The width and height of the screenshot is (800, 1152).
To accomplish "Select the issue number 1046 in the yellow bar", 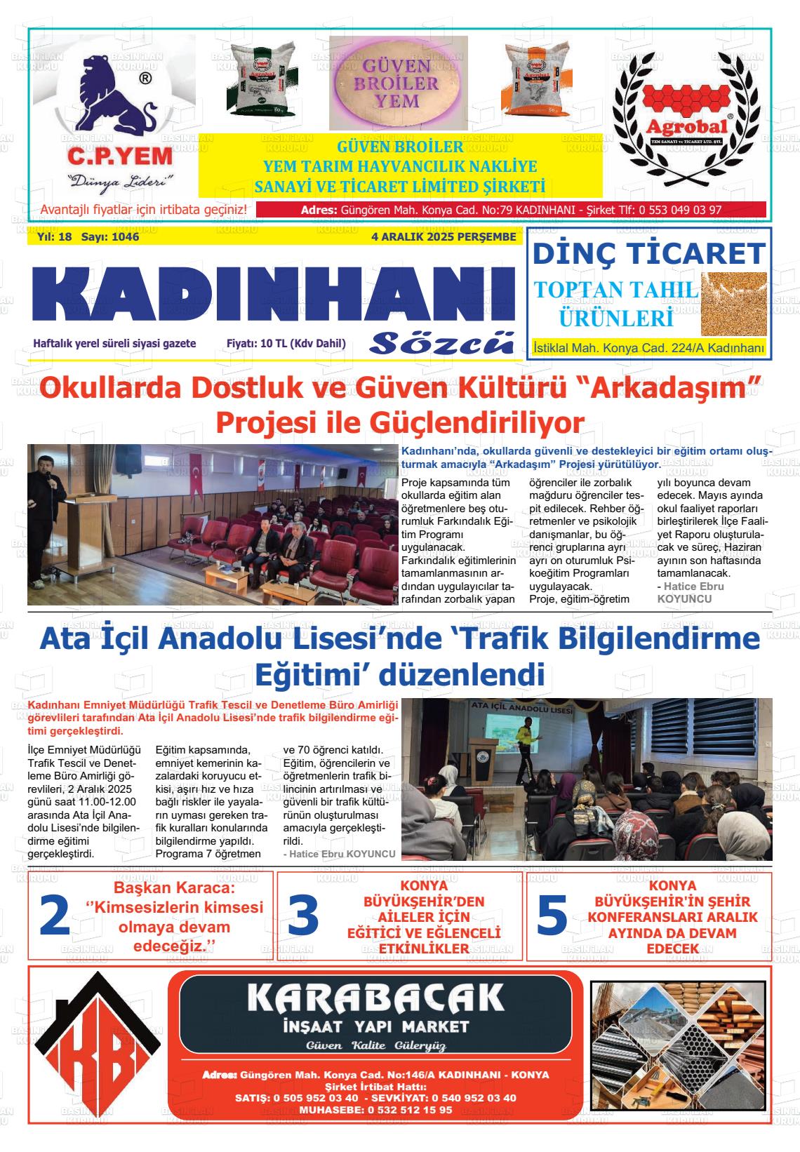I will (124, 237).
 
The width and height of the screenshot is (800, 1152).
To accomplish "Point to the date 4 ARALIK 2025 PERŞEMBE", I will (444, 237).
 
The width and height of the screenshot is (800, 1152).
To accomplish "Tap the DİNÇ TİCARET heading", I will (648, 253).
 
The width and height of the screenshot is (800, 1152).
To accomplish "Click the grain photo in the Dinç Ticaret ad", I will (733, 303).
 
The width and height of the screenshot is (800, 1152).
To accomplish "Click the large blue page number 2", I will (54, 916).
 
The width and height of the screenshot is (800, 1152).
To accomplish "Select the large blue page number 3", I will (302, 916).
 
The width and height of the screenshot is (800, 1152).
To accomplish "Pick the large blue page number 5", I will (551, 916).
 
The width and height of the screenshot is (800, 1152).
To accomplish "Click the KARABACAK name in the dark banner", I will (375, 998).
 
